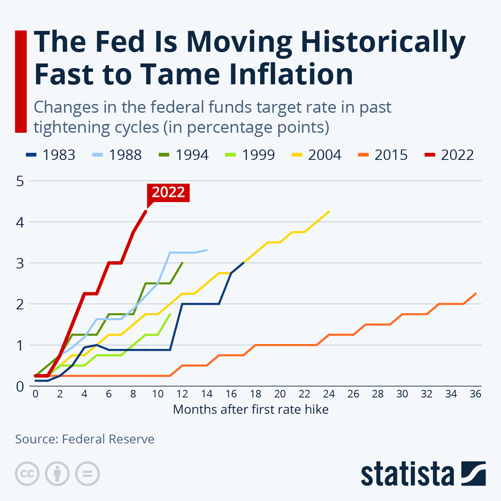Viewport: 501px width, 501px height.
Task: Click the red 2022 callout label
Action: [x=168, y=192]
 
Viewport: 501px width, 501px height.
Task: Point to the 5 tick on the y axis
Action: [x=20, y=181]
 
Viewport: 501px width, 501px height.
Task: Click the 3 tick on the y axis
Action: [x=20, y=263]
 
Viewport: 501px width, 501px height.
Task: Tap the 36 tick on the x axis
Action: [x=475, y=394]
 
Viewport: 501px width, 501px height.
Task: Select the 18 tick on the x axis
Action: [x=256, y=394]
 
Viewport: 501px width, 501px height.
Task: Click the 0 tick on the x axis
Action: [x=35, y=394]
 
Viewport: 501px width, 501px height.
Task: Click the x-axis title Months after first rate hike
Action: [x=250, y=409]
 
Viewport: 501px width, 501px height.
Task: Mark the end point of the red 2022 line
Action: [x=146, y=211]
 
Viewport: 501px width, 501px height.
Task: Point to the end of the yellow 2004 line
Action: [x=329, y=211]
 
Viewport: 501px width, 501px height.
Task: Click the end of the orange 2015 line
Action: [x=476, y=294]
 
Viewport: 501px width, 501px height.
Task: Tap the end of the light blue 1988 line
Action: [x=207, y=250]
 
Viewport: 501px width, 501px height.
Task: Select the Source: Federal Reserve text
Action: [x=85, y=439]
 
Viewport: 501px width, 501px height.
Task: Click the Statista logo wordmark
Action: [x=407, y=474]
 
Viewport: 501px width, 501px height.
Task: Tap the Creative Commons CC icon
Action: [x=27, y=474]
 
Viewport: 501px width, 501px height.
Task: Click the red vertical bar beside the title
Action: [x=21, y=81]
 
